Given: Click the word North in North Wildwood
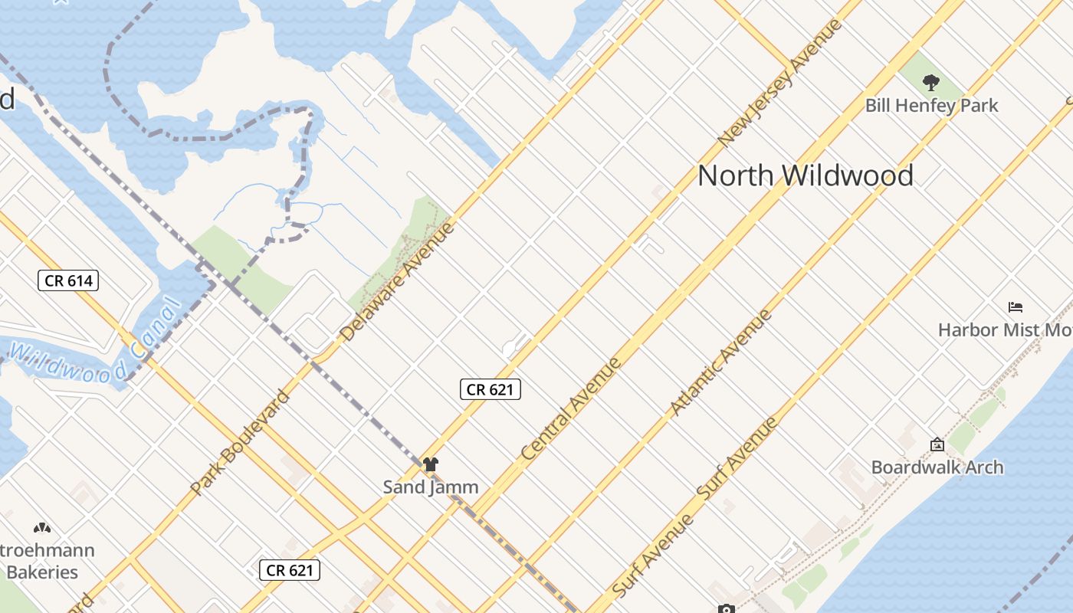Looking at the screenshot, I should pos(735,175).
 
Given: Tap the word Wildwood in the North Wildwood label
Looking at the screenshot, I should pos(847,175).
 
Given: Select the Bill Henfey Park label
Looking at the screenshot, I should pos(931,105).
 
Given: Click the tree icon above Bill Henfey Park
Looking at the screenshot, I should pos(930,82).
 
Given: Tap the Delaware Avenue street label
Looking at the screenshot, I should pos(397,281).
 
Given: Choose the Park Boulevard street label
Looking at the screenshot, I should pos(240,441).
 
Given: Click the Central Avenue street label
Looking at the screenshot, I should pos(571,409).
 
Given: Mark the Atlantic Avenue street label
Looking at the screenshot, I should pos(720,362).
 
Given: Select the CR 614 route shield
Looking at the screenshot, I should pos(68,280).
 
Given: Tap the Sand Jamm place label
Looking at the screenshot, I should pos(430,487).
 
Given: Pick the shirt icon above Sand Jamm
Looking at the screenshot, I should pos(431,464).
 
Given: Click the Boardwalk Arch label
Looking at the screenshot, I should pos(937,467).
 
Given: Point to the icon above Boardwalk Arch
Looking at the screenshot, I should pos(937,444).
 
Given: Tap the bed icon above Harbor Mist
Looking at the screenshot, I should pos(1016,307).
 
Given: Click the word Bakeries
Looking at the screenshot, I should pos(42,572).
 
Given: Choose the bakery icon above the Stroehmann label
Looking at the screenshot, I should pos(41,528).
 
